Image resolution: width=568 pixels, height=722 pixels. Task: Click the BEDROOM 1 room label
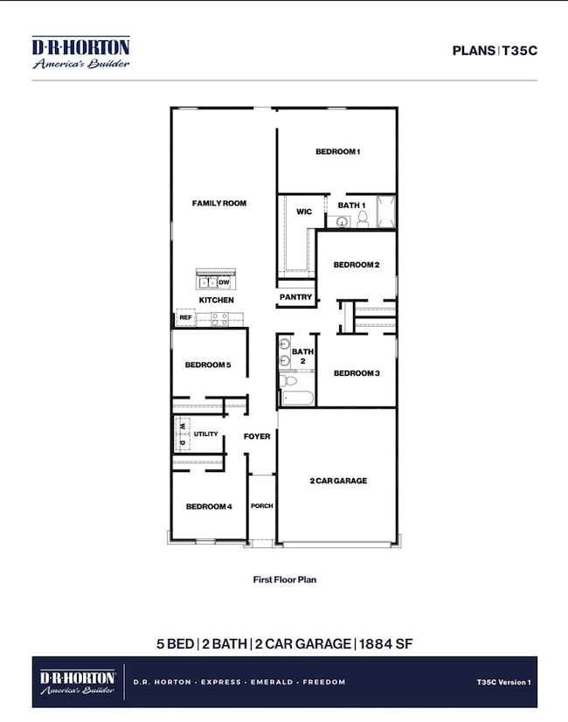tap(338, 152)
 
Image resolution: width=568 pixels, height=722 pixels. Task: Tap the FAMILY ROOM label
tap(219, 203)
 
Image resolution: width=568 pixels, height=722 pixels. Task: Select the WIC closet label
tap(304, 212)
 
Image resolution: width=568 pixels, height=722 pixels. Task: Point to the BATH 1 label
tap(350, 205)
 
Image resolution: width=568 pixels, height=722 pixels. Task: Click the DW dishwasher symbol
tap(224, 282)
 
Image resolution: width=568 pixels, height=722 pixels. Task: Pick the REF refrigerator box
tap(185, 317)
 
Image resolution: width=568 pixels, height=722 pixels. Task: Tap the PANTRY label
tap(295, 297)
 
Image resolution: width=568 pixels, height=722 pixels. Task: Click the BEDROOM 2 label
tap(356, 265)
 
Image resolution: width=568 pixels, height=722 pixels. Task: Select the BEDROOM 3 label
tap(356, 373)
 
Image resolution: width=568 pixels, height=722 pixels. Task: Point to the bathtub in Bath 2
tap(296, 399)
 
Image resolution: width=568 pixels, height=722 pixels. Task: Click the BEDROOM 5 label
tap(208, 364)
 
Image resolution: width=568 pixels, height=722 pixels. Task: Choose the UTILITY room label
tap(206, 434)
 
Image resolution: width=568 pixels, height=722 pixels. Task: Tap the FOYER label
tap(257, 436)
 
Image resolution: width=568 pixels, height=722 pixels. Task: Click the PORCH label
tap(262, 505)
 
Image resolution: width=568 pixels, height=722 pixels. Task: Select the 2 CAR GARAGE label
tap(337, 481)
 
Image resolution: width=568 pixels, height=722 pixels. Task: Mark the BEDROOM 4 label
tap(208, 505)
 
